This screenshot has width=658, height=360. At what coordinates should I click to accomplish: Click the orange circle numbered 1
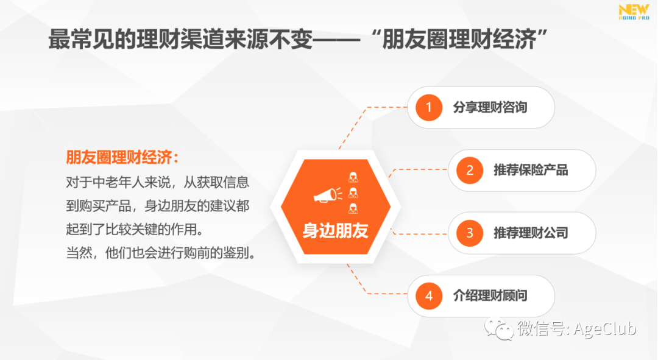(429, 107)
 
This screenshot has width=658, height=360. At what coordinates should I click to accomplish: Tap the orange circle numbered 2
(470, 171)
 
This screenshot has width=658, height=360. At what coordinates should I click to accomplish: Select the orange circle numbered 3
(470, 233)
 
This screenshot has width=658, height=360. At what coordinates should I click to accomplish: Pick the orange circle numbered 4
(429, 296)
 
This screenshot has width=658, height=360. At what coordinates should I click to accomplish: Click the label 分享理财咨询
(490, 107)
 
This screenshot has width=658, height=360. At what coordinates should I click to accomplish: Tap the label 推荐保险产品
(531, 171)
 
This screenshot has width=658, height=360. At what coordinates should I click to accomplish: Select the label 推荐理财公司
(531, 233)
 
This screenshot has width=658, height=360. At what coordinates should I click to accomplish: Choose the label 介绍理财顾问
(490, 296)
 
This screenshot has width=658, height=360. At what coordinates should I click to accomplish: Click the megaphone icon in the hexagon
(328, 195)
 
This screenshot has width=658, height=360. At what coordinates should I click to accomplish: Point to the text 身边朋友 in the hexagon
(335, 230)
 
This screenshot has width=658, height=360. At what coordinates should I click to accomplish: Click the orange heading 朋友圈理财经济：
(122, 158)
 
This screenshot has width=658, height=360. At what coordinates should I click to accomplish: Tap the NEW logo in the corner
(634, 12)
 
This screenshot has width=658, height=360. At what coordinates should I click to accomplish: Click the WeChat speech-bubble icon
(498, 328)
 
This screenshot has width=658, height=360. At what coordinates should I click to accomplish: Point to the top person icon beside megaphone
(353, 177)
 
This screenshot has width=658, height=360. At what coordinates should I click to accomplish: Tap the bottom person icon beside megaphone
(353, 208)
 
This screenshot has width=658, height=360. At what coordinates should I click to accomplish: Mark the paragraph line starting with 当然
(161, 253)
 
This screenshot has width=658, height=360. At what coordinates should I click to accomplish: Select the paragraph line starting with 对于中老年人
(157, 183)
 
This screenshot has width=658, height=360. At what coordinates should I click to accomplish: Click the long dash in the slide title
(336, 40)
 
